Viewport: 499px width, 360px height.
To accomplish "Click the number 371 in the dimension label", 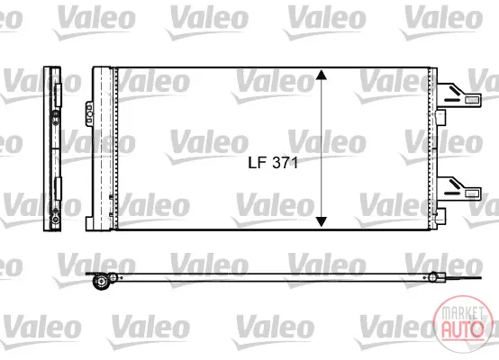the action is click(286, 163).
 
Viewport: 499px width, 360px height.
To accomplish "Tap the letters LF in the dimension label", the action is click(257, 163).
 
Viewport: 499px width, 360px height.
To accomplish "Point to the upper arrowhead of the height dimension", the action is click(322, 75).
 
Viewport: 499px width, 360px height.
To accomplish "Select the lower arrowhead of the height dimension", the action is click(322, 222).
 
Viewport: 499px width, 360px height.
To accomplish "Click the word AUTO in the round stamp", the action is click(461, 328).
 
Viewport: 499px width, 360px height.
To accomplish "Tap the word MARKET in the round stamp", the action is click(461, 313).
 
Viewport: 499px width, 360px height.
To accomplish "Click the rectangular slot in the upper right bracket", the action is click(472, 100).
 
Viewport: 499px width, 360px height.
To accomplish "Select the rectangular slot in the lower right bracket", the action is click(472, 193).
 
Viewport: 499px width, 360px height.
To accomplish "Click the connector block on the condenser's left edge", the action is click(89, 114).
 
